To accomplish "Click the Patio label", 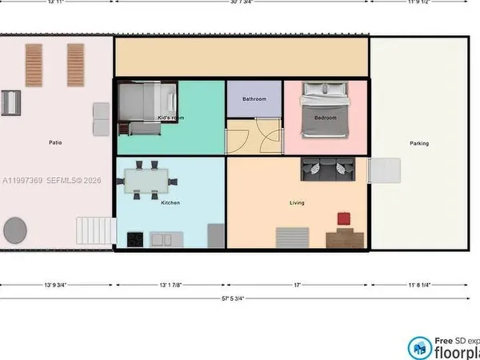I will click(x=55, y=143).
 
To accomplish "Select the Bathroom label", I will click(x=254, y=99).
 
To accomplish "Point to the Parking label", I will click(x=419, y=144).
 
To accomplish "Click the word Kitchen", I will click(x=170, y=203).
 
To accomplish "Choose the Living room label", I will click(x=297, y=203).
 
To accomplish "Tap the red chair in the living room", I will click(x=344, y=218).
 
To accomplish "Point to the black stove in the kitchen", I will click(x=134, y=238).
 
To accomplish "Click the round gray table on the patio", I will click(x=15, y=230).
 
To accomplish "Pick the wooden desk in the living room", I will click(x=343, y=238).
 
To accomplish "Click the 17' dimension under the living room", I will click(x=297, y=284).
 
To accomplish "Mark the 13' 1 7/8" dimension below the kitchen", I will click(x=170, y=284).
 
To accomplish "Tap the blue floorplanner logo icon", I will click(x=418, y=347).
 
